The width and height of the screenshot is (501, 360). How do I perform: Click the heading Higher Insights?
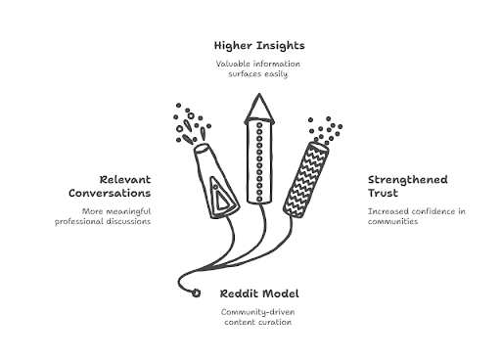point(259,46)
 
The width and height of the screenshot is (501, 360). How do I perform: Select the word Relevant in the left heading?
point(125,180)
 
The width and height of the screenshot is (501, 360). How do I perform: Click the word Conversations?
point(110,193)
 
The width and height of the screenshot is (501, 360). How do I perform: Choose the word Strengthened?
point(408,180)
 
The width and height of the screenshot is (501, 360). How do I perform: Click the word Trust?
point(383,193)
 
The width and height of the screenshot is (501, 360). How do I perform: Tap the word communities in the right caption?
point(392,221)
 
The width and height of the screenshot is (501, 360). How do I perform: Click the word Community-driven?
point(258,312)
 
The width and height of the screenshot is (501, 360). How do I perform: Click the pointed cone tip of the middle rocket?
point(259,95)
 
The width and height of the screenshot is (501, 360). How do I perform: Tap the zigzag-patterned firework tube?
point(306,180)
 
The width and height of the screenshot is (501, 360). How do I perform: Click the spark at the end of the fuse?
point(196,292)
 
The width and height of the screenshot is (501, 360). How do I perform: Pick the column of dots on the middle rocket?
point(259,161)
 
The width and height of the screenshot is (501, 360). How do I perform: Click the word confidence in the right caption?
point(433,211)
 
